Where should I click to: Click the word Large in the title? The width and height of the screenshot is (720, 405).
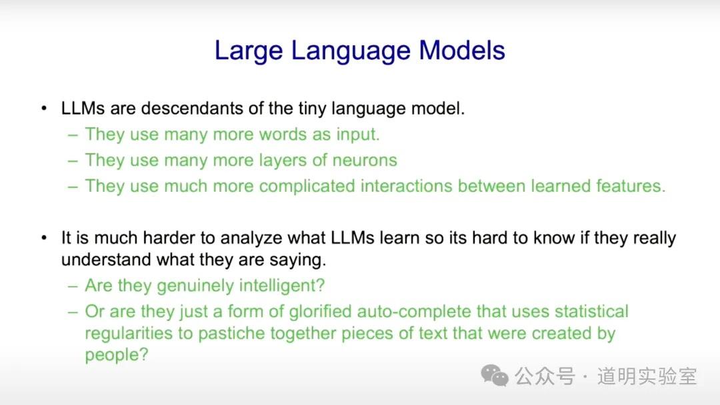click(249, 51)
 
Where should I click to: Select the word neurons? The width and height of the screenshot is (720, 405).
click(365, 161)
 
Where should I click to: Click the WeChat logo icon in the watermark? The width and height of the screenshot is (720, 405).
click(495, 376)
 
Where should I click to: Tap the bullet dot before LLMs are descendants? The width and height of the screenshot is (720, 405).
click(44, 109)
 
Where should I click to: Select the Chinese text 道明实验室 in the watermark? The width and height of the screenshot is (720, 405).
click(647, 376)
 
